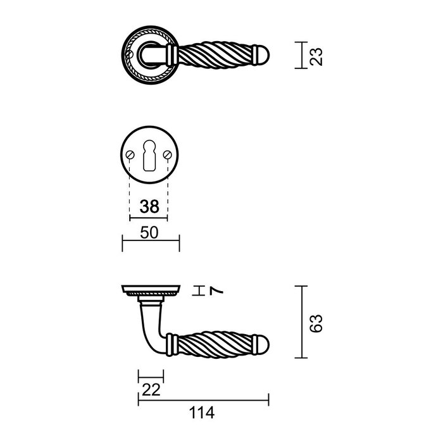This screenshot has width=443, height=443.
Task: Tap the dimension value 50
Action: [x=149, y=233]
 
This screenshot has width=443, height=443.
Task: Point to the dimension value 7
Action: [x=216, y=290]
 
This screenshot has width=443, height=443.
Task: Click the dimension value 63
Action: [x=318, y=322]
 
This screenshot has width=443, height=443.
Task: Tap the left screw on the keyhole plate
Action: [x=130, y=156]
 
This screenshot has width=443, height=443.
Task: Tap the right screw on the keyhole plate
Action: [x=169, y=156]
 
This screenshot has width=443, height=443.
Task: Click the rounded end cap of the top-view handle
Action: [x=263, y=56]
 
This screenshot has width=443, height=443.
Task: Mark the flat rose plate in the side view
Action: [x=151, y=291]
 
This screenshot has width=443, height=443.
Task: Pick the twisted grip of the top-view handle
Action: [x=215, y=56]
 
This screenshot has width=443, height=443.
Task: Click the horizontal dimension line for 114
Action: [x=203, y=399]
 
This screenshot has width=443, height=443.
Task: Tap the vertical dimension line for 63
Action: [x=303, y=322]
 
